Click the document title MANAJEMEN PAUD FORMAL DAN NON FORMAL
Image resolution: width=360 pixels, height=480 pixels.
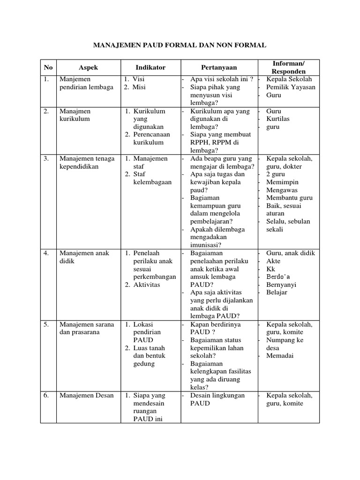coord(180,45)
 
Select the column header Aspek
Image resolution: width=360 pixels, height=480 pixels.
coord(88,67)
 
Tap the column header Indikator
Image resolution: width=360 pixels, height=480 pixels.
coord(150,67)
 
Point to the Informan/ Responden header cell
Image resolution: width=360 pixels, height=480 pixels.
coord(288,67)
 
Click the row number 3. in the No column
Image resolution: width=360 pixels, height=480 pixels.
coord(46,158)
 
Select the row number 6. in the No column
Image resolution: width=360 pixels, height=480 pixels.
coord(46,395)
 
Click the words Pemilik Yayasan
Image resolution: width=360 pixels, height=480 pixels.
coord(291,87)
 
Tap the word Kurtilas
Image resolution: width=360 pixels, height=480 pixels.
coord(278,119)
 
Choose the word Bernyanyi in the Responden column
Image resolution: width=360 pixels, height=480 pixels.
coord(282,285)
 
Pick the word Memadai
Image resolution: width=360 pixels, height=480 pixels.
coord(280,356)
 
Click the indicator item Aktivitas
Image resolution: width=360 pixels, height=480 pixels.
coord(147,285)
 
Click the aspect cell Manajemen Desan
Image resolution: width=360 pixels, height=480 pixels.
coord(87,395)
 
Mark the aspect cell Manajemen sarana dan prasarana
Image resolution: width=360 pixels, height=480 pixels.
coord(87,328)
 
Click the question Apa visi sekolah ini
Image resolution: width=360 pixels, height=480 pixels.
coord(222,79)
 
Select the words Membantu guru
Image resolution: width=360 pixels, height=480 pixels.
coord(289,198)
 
